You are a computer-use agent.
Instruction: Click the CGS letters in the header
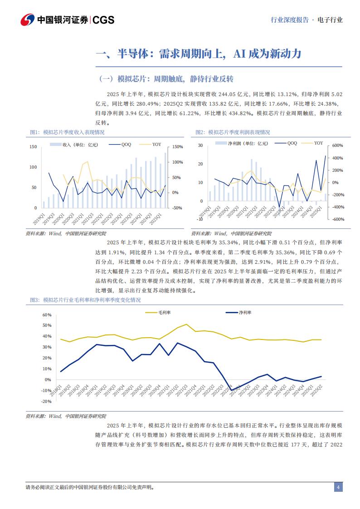(104, 20)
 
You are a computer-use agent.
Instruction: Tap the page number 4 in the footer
(337, 487)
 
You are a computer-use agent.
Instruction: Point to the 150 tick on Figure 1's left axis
(33, 147)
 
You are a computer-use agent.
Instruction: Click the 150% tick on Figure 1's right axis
(177, 147)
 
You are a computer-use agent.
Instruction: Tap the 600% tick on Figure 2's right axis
(338, 145)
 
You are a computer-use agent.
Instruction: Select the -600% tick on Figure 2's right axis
(338, 219)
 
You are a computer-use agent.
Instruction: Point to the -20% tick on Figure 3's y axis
(47, 401)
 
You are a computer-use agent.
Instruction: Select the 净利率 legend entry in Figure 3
(245, 312)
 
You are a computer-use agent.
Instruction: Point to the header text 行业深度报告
(289, 20)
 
